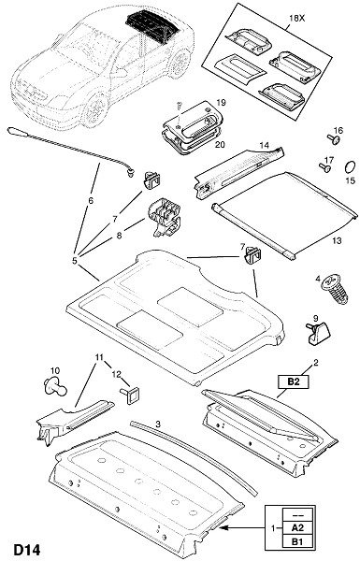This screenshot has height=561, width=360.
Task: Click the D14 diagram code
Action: point(27,550)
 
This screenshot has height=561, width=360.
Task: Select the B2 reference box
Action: point(293,381)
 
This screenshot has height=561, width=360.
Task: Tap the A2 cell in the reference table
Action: point(297,527)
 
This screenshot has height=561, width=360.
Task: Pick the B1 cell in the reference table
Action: point(297,541)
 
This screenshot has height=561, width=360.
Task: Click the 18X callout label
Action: point(296,19)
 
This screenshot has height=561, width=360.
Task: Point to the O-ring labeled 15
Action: point(349,166)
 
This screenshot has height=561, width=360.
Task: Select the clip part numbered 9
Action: point(317,333)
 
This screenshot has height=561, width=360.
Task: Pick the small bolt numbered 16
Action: point(334,139)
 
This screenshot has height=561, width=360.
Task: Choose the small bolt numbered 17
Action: point(325,167)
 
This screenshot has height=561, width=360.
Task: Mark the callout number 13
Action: point(337,240)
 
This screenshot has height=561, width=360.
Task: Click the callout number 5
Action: point(75,261)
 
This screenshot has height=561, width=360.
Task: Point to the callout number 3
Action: point(158,424)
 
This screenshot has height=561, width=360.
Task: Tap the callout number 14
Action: point(264,145)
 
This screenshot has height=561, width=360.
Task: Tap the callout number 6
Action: point(91,200)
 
